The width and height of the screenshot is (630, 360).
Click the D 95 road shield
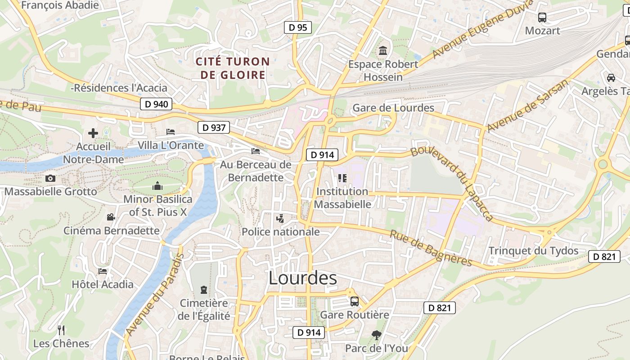(298, 27)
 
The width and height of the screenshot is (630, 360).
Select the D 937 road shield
(214, 127)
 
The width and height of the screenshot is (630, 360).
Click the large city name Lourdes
(302, 278)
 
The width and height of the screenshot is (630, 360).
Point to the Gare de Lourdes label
(393, 108)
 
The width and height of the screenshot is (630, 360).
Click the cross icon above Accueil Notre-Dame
(93, 133)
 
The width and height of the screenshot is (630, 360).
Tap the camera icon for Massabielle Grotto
(50, 179)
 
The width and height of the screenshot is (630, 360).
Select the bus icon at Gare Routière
(355, 301)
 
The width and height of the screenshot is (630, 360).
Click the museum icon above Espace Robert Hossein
(383, 51)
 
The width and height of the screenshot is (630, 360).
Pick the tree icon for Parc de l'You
(376, 335)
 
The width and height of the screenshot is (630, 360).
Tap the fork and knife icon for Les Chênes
(61, 330)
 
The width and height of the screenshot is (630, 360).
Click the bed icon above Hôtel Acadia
(103, 271)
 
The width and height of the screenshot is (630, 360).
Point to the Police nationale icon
(280, 219)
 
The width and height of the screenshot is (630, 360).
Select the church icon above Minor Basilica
(157, 185)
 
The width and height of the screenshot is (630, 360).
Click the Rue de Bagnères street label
(431, 248)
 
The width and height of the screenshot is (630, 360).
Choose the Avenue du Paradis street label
(155, 295)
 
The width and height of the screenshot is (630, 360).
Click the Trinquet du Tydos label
(533, 251)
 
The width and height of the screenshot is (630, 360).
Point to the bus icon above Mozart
(542, 18)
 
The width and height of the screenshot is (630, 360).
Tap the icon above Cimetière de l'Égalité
(204, 289)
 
